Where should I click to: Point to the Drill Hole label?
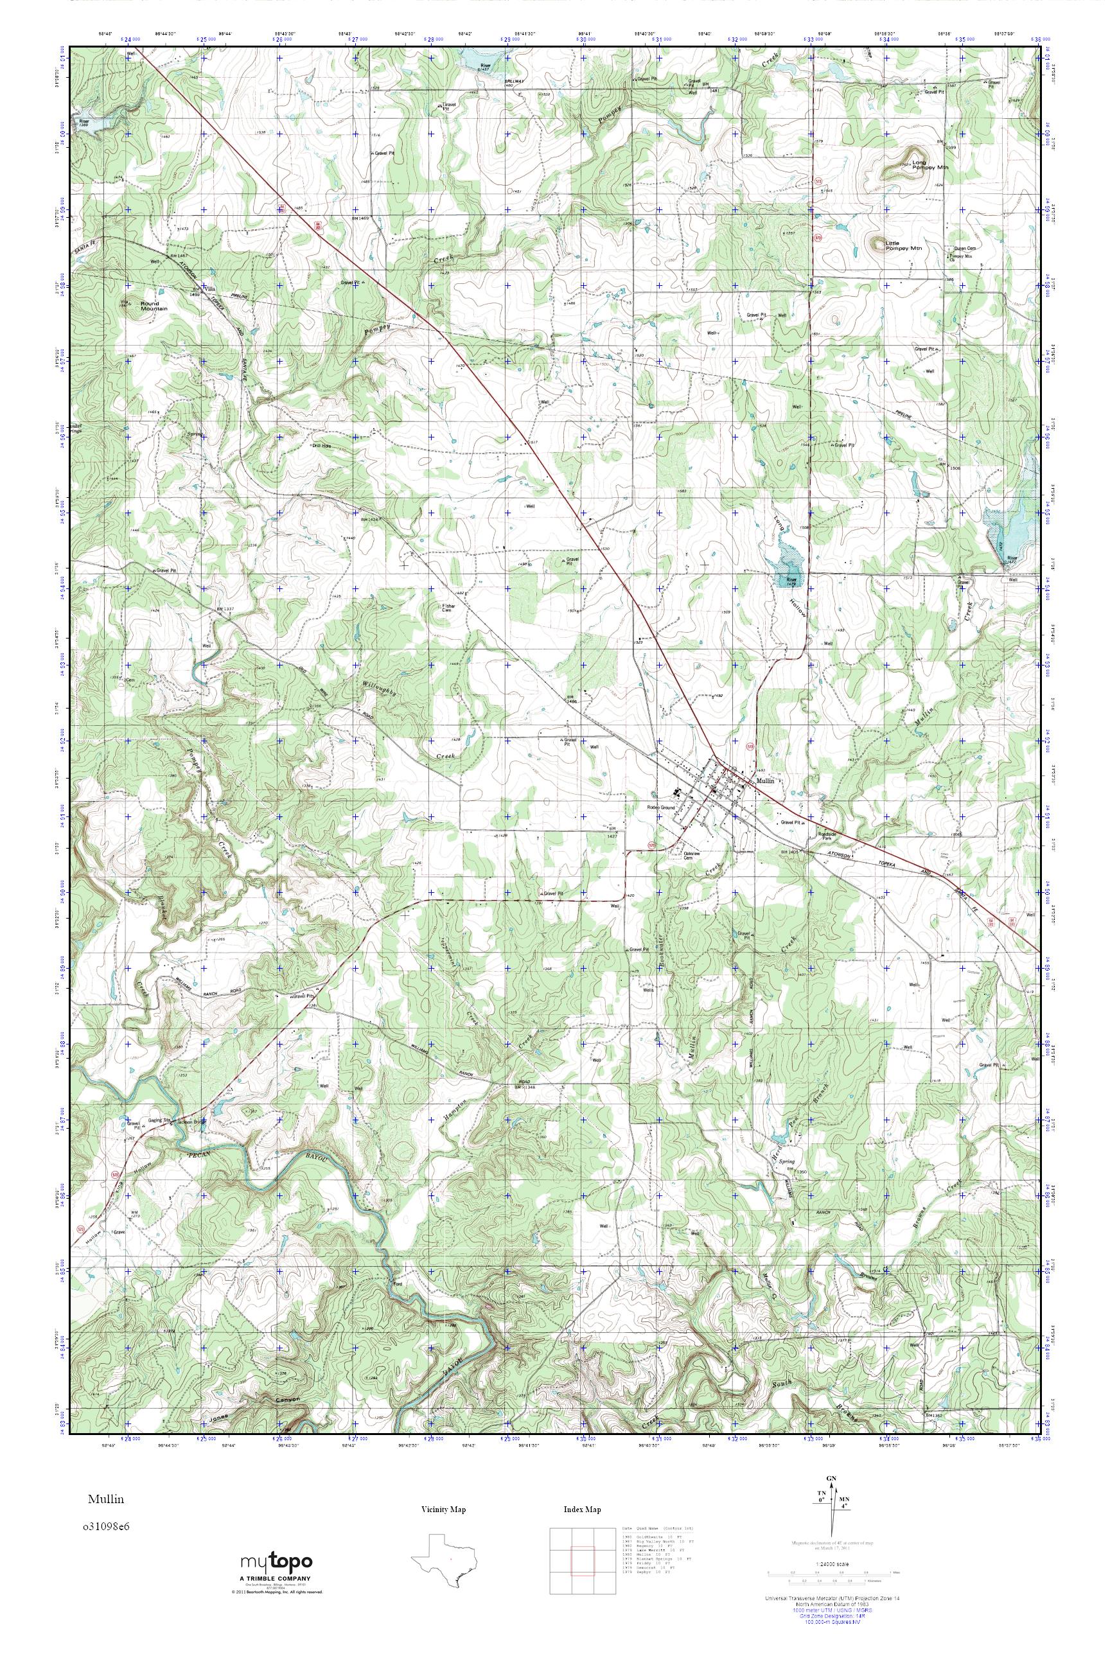[322, 445]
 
